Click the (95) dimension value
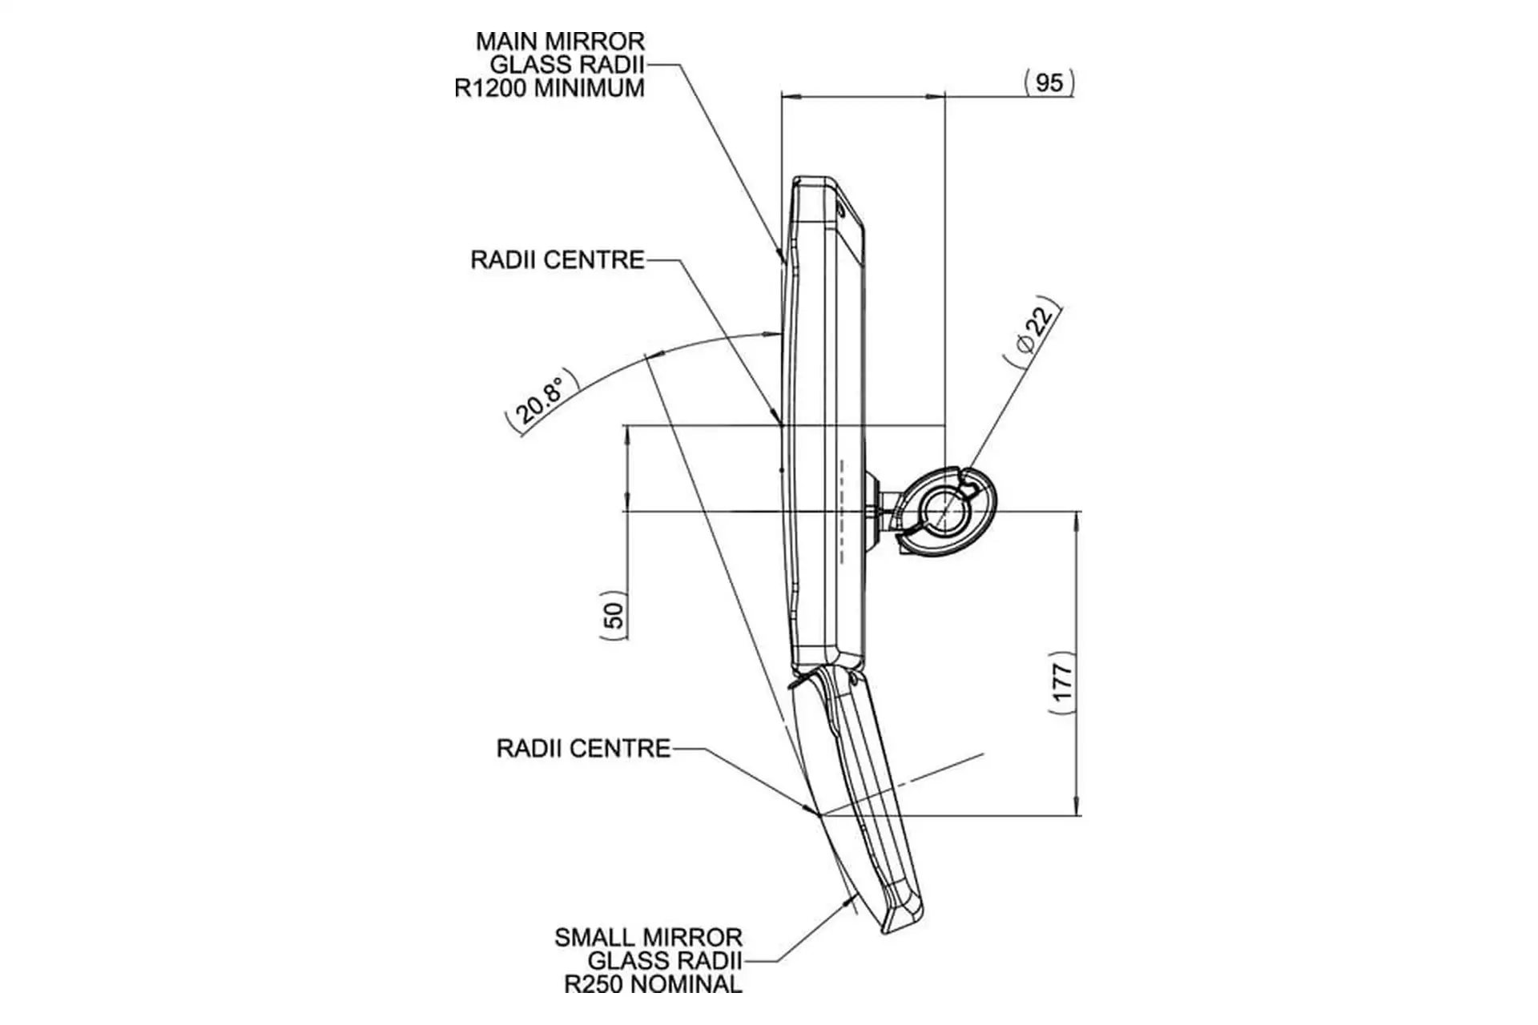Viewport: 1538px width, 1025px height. (x=1049, y=82)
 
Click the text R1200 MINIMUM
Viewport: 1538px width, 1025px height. (x=550, y=88)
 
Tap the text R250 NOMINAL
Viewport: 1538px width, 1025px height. (x=653, y=984)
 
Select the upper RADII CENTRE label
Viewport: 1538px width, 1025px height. (x=558, y=260)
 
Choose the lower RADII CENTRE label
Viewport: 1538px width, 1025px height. (x=583, y=749)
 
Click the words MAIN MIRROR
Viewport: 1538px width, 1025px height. (x=560, y=41)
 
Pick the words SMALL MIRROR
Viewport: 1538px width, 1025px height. (x=648, y=937)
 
